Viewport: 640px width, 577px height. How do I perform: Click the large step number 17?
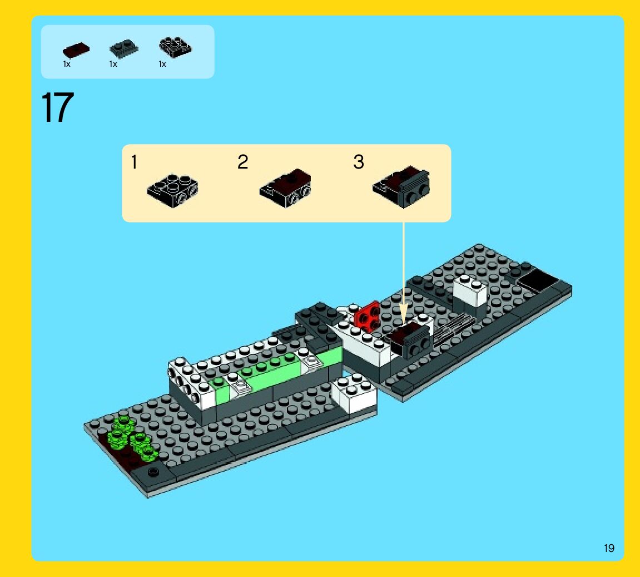pyautogui.click(x=57, y=109)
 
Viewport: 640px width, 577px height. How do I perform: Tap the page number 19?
pyautogui.click(x=609, y=548)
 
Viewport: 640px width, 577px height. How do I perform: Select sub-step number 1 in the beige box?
pyautogui.click(x=134, y=162)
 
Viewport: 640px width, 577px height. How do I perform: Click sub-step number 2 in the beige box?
pyautogui.click(x=242, y=162)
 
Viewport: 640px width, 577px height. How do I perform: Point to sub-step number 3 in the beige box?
pyautogui.click(x=359, y=162)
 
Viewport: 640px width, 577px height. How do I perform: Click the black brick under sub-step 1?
pyautogui.click(x=173, y=191)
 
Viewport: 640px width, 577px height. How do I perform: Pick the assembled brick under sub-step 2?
pyautogui.click(x=285, y=188)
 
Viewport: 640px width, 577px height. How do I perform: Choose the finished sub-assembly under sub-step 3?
pyautogui.click(x=402, y=186)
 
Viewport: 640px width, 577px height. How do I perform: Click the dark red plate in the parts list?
pyautogui.click(x=76, y=51)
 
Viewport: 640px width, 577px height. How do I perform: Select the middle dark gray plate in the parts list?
pyautogui.click(x=123, y=50)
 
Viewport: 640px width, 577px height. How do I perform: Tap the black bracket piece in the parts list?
pyautogui.click(x=175, y=48)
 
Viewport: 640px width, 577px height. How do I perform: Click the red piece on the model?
pyautogui.click(x=368, y=315)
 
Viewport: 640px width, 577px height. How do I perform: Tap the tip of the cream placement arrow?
pyautogui.click(x=404, y=323)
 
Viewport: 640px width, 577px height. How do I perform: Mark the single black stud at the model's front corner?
pyautogui.click(x=152, y=472)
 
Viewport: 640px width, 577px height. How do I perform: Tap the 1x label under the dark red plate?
pyautogui.click(x=67, y=65)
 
